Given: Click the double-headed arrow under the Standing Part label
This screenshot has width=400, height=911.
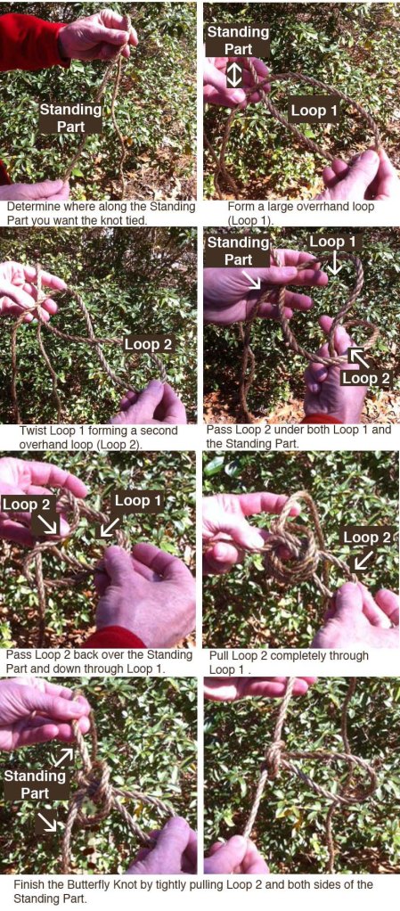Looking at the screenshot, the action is point(234,76).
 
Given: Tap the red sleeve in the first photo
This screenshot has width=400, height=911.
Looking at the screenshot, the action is point(29,42).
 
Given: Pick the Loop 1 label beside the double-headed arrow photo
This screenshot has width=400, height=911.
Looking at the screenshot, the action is point(314,111).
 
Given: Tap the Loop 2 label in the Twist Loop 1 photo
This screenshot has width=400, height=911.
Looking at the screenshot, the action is point(148,345).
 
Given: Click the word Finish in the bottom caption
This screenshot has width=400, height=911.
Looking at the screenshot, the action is point(29,884).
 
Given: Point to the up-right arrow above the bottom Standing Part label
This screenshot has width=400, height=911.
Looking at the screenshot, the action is point(64,757).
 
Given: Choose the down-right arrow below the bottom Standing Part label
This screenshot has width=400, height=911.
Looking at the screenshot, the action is point(47,822).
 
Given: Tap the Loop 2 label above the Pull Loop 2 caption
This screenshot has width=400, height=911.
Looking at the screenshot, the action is point(367,538).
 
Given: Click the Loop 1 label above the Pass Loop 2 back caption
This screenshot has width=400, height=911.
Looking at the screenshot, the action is point(139,500).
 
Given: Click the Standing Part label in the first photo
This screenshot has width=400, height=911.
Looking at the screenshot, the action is point(71,118).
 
